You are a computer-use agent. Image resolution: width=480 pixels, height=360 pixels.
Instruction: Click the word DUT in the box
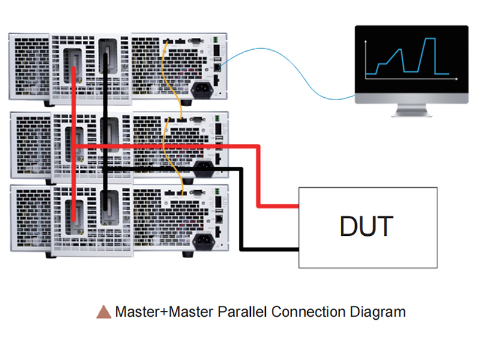pyautogui.click(x=367, y=226)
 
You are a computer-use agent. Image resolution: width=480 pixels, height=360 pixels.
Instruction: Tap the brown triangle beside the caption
pyautogui.click(x=104, y=312)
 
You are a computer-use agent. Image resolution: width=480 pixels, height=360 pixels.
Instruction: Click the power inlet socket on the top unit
pyautogui.click(x=202, y=89)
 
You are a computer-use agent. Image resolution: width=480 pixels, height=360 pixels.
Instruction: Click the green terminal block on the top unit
pyautogui.click(x=215, y=40)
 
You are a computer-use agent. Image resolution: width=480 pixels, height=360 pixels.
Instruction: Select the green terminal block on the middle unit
pyautogui.click(x=217, y=118)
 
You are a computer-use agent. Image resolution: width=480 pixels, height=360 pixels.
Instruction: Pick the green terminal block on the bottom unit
pyautogui.click(x=217, y=192)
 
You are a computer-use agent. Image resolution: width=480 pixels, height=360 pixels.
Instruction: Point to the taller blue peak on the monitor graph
pyautogui.click(x=430, y=39)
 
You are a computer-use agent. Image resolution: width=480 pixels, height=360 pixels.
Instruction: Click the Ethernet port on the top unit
pyautogui.click(x=217, y=67)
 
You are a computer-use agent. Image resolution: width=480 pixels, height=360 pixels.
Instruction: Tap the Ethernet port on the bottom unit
pyautogui.click(x=219, y=219)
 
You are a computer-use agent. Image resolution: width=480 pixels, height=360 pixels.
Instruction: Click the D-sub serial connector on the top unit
pyautogui.click(x=196, y=40)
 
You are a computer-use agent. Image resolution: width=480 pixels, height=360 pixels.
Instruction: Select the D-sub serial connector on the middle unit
pyautogui.click(x=197, y=119)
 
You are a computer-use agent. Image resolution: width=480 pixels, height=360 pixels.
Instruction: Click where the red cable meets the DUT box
pyautogui.click(x=298, y=206)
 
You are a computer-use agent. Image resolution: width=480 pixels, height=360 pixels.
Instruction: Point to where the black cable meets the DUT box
pyautogui.click(x=298, y=250)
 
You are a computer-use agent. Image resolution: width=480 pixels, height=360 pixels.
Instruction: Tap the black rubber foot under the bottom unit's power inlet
pyautogui.click(x=188, y=254)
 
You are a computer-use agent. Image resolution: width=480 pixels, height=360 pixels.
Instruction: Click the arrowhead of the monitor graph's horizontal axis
pyautogui.click(x=457, y=79)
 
